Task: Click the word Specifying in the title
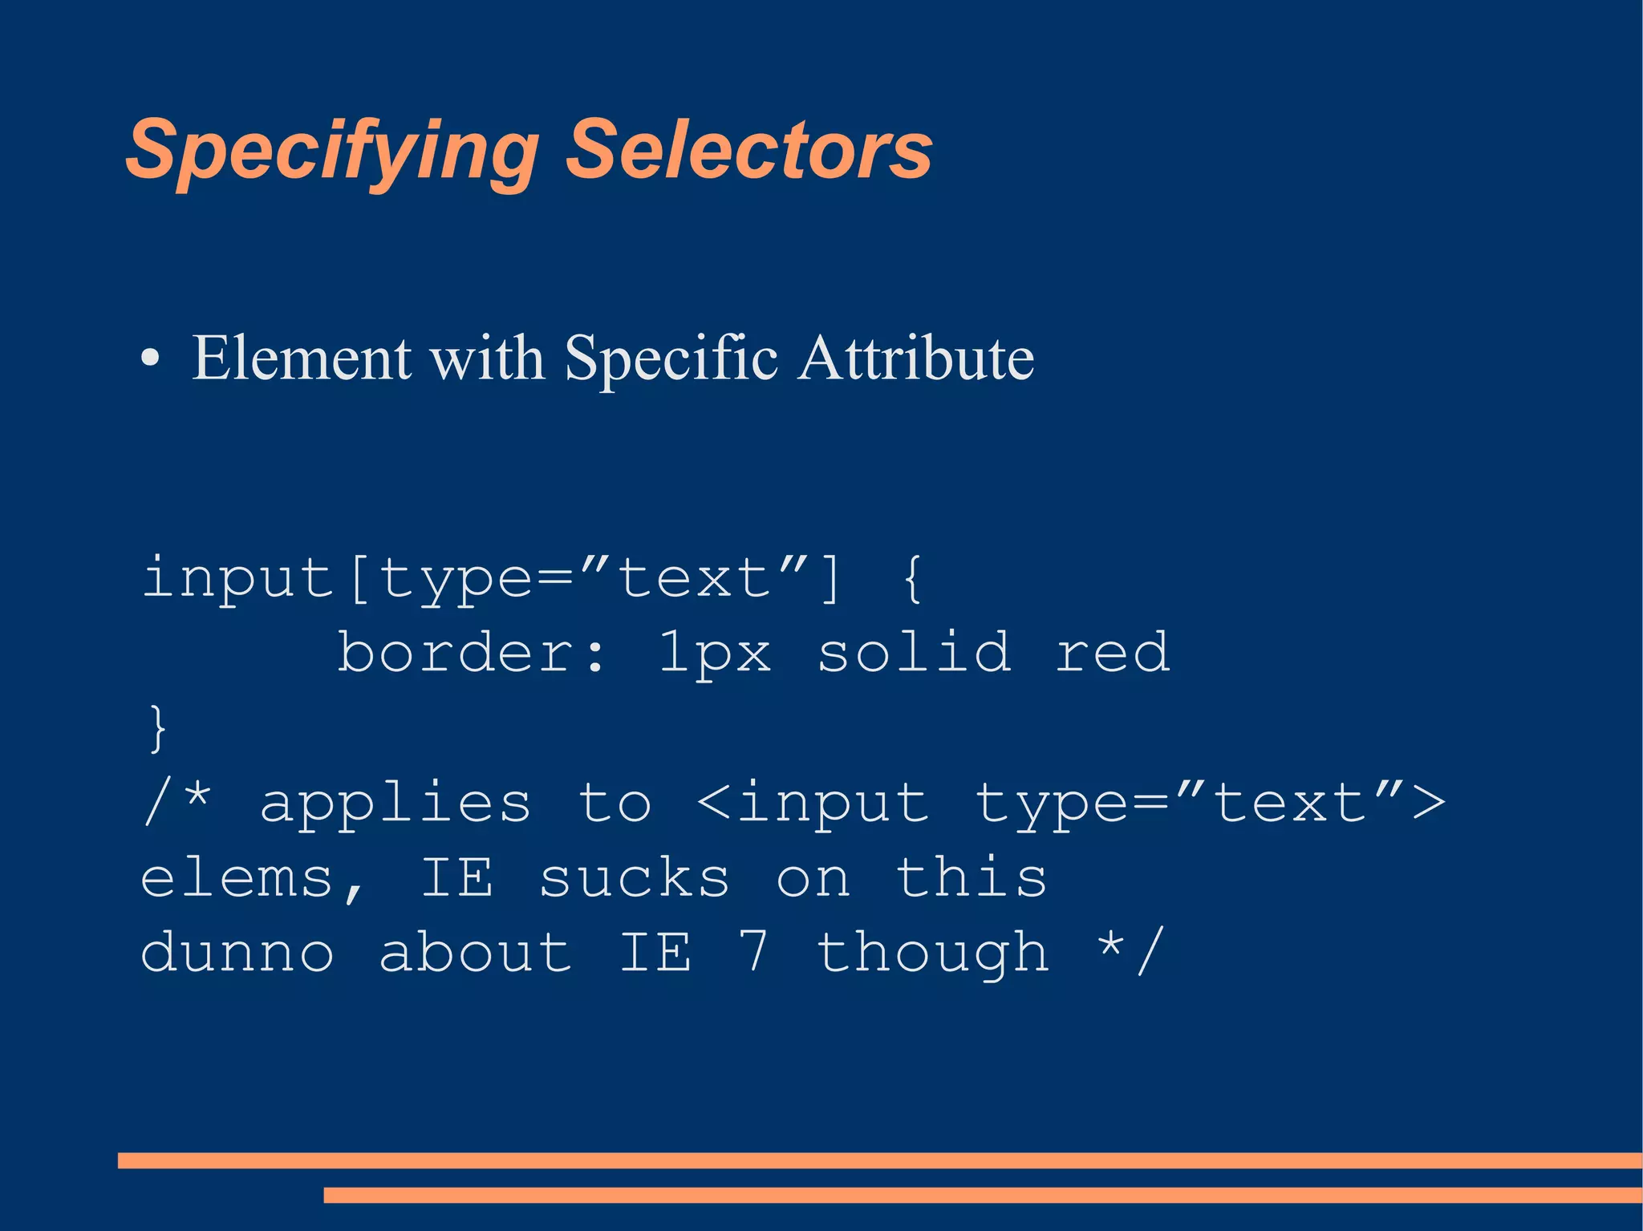[332, 151]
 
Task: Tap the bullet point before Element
[150, 358]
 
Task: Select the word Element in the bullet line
[302, 358]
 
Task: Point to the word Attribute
[915, 358]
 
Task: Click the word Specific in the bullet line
[671, 359]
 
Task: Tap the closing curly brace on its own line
[158, 727]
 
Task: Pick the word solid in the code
[914, 651]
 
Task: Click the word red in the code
[1112, 653]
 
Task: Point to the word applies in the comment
[396, 804]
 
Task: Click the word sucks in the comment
[634, 877]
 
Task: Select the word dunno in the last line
[237, 953]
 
